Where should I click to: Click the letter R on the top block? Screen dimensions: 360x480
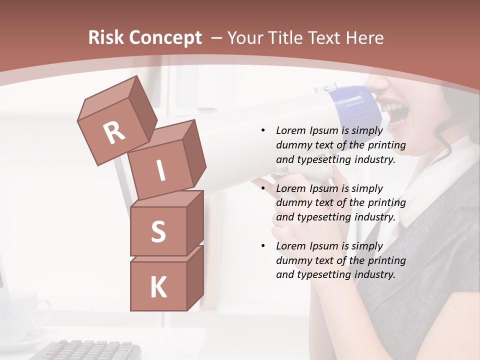(114, 133)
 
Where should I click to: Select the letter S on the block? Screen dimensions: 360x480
(158, 232)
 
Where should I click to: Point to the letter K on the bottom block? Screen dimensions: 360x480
(158, 288)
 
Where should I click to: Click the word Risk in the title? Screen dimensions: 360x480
(105, 37)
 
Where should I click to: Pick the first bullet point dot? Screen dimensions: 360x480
(263, 130)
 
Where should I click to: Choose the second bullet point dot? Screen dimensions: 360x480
(263, 188)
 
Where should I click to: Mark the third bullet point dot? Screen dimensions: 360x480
(263, 246)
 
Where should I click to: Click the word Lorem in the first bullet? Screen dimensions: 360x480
(291, 130)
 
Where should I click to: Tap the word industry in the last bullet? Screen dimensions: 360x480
(375, 274)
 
